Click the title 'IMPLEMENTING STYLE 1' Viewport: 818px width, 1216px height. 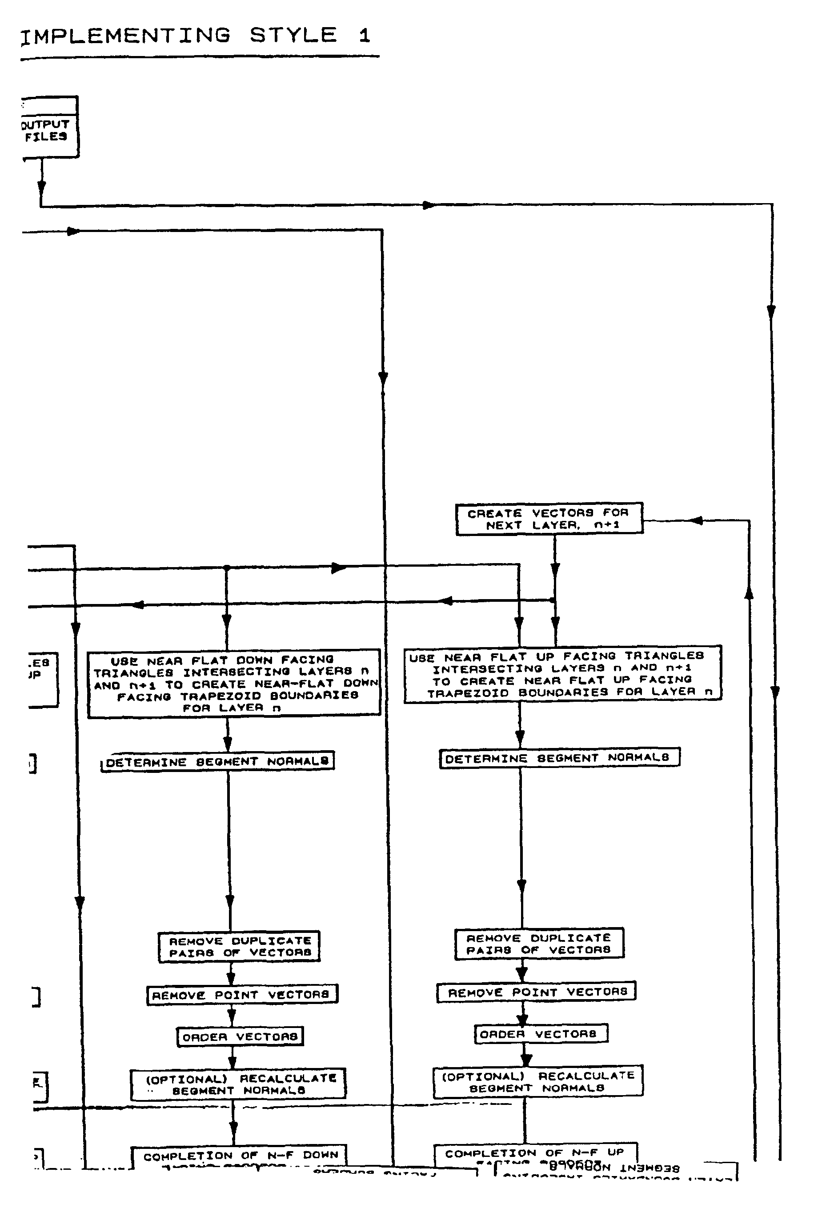click(x=195, y=36)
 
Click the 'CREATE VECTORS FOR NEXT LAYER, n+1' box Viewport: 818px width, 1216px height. click(x=549, y=518)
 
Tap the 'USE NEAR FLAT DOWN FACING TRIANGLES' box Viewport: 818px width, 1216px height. click(x=234, y=683)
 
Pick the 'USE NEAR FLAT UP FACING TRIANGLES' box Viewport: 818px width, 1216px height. click(x=562, y=673)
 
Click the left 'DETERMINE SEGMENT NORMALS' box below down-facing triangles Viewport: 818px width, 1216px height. click(x=217, y=761)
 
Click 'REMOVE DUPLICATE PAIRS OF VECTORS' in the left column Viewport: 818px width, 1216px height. click(x=239, y=946)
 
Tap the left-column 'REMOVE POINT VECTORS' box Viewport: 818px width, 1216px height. click(x=241, y=994)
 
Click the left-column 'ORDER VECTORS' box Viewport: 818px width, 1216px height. click(x=240, y=1036)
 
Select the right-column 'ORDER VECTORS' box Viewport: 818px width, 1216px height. click(x=541, y=1033)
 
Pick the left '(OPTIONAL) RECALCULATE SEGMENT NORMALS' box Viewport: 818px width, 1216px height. click(x=238, y=1084)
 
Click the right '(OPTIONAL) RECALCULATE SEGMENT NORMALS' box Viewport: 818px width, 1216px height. click(x=537, y=1081)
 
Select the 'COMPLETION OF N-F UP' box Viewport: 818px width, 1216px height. click(x=535, y=1153)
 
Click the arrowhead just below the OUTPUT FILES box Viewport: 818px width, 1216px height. click(x=42, y=188)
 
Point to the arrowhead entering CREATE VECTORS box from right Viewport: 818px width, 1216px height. click(x=696, y=520)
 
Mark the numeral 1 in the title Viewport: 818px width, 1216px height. click(x=364, y=36)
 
